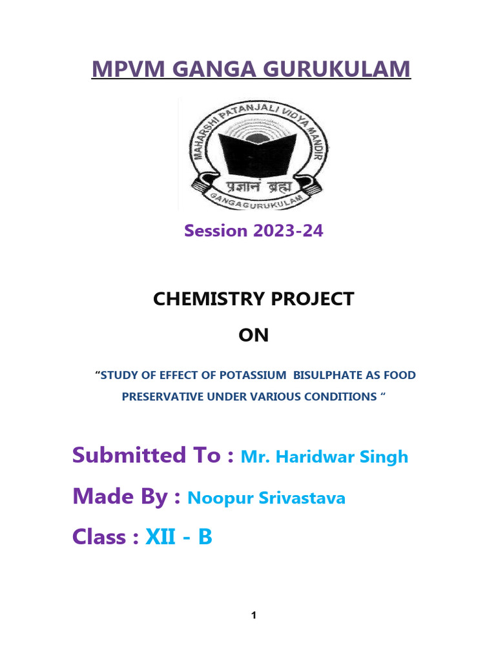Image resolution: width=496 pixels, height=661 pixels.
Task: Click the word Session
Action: coord(216,230)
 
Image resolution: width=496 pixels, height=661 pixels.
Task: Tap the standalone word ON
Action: coord(253,335)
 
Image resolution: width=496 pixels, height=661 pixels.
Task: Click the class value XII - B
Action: coord(178,537)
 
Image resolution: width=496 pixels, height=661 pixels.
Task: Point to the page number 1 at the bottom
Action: coord(254,616)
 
